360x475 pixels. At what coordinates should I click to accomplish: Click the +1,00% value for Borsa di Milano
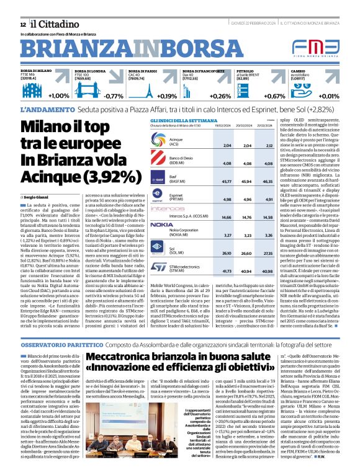[58, 96]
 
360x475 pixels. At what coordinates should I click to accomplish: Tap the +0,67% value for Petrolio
[275, 96]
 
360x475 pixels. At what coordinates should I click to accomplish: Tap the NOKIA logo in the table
[162, 224]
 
